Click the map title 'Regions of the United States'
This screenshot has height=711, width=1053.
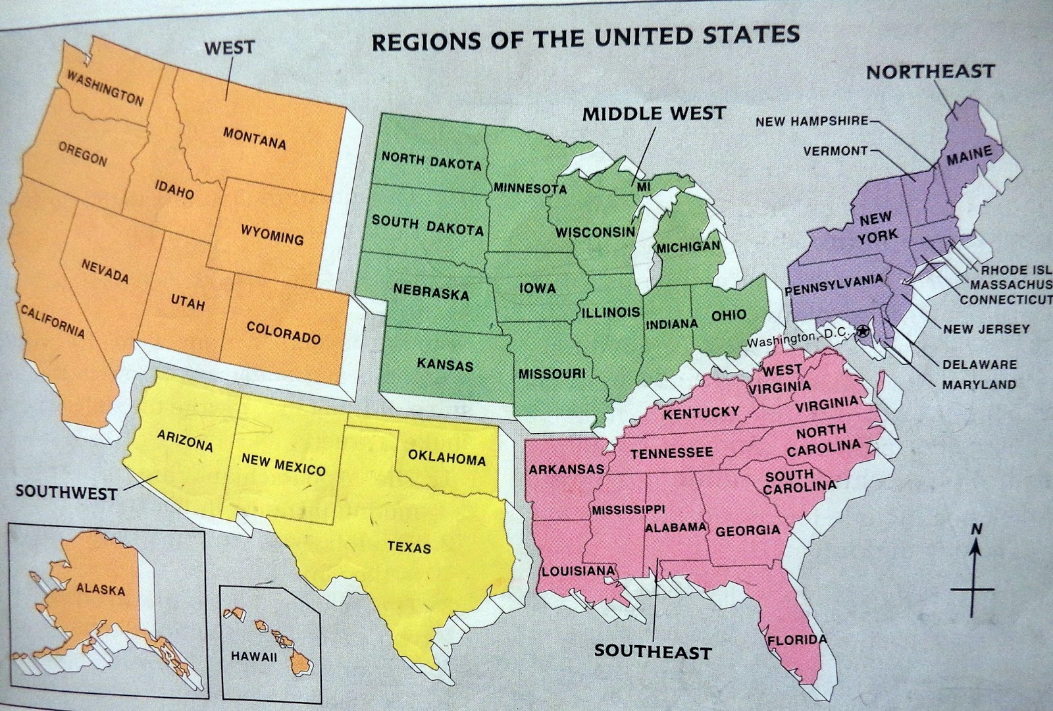click(x=586, y=38)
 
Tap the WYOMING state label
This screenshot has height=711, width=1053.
click(x=272, y=234)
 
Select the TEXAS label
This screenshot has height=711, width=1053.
click(x=409, y=547)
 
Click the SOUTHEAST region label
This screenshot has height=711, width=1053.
click(x=653, y=652)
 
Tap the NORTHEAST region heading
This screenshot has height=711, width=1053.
click(x=930, y=71)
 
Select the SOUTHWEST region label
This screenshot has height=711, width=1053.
click(x=66, y=492)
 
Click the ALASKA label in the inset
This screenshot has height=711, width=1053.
click(x=100, y=589)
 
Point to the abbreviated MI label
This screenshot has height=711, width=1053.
click(x=643, y=187)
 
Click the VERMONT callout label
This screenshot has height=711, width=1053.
click(x=835, y=151)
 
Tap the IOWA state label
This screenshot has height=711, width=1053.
click(x=537, y=288)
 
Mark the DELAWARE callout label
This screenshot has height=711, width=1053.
click(x=979, y=364)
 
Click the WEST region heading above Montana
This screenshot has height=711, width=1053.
click(x=229, y=47)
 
